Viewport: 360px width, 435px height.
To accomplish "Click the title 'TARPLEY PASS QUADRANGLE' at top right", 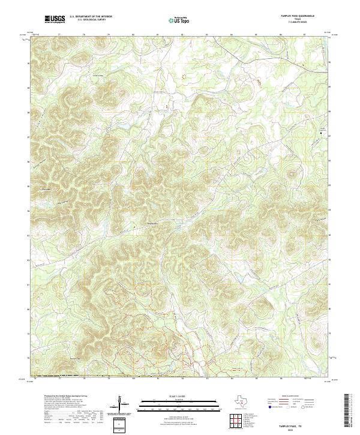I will [x=305, y=16].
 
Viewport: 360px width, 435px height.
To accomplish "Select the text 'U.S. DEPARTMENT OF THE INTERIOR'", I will [x=91, y=17].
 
